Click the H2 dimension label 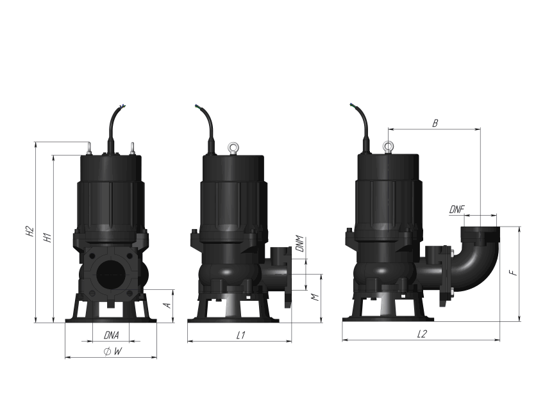[31, 232]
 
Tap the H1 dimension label [47, 237]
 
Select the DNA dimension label [111, 335]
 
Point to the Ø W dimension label [113, 351]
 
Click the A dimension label [167, 305]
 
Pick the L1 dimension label [241, 335]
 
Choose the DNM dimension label [299, 244]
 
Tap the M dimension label [315, 298]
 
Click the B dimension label [435, 123]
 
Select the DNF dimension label [457, 209]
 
